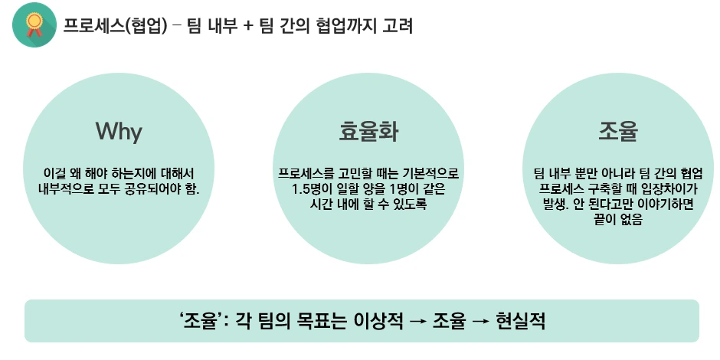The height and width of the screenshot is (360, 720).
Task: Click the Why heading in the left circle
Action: point(119,131)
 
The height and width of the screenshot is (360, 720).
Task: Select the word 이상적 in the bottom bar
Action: point(375,320)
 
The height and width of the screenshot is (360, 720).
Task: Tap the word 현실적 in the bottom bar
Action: point(520,320)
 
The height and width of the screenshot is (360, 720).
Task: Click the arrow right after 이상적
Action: point(417,321)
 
